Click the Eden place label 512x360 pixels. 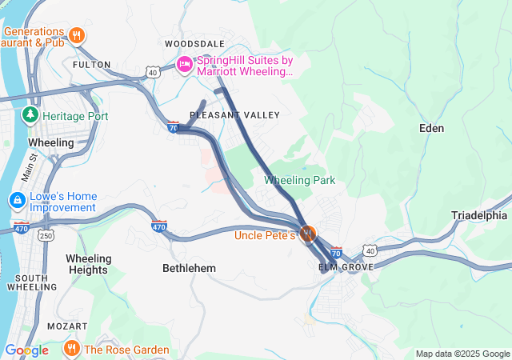(x=431, y=128)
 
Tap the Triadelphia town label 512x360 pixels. (x=479, y=215)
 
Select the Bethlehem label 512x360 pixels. (x=189, y=268)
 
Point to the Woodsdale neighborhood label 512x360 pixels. (x=195, y=43)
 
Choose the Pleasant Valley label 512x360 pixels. (x=234, y=115)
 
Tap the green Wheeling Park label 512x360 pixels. (x=299, y=180)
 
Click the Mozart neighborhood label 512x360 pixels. (x=67, y=326)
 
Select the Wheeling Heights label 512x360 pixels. (x=87, y=264)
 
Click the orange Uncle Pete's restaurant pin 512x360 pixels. (x=308, y=234)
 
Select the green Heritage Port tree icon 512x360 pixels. (x=30, y=116)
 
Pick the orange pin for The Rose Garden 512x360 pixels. (x=71, y=349)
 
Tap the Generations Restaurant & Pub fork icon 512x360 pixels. (x=77, y=35)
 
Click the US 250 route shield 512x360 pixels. (x=47, y=235)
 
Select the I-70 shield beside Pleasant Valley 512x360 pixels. (x=173, y=126)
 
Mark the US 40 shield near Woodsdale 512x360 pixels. (x=153, y=72)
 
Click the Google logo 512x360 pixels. (x=26, y=350)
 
